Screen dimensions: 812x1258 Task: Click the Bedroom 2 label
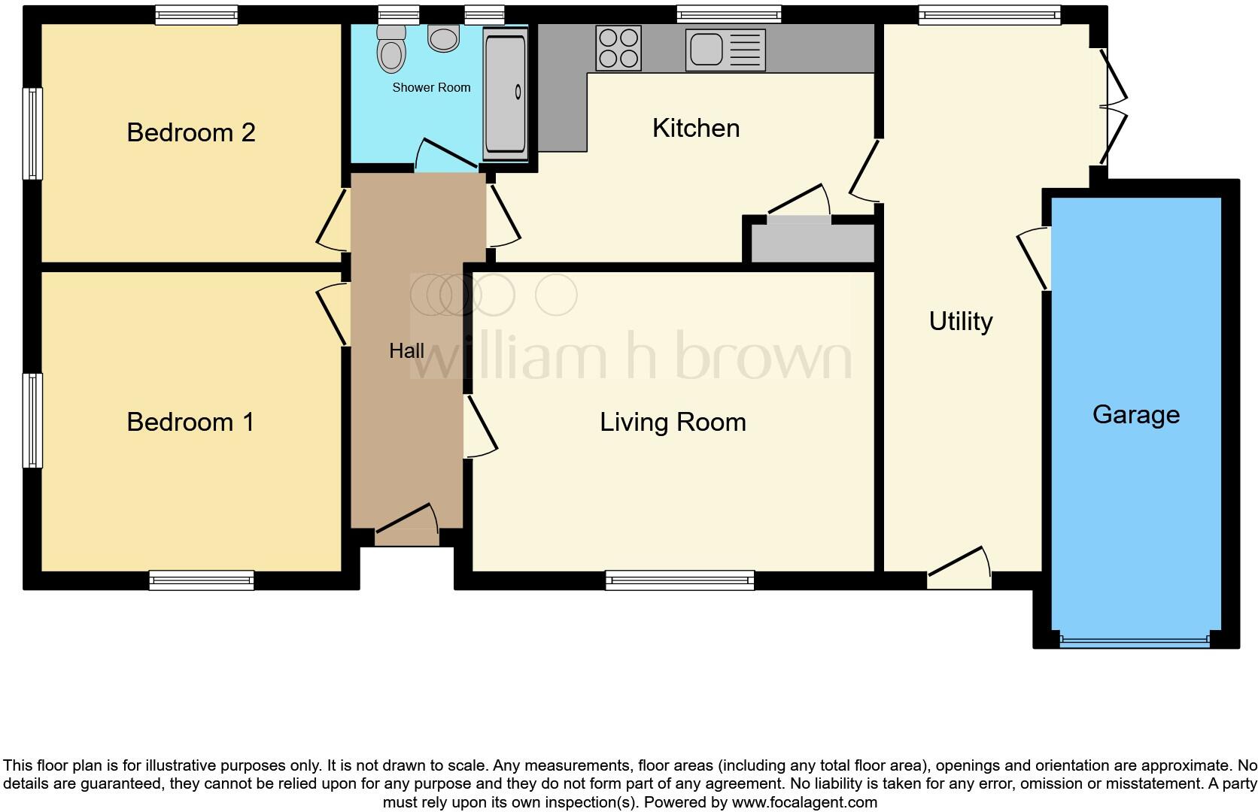click(191, 132)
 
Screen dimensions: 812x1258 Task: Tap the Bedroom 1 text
click(190, 422)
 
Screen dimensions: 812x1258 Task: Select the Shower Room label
click(431, 87)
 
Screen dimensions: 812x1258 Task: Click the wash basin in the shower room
click(443, 38)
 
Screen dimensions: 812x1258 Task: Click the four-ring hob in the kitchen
click(618, 48)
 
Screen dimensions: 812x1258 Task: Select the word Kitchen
click(696, 128)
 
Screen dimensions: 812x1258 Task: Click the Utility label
click(960, 321)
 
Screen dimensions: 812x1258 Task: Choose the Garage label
click(1135, 414)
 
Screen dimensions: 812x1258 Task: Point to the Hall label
click(406, 350)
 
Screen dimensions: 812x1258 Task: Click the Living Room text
click(673, 422)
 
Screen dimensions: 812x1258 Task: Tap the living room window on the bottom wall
click(679, 580)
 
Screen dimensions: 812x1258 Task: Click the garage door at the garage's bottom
click(1135, 641)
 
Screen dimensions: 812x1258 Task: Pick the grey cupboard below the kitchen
click(813, 243)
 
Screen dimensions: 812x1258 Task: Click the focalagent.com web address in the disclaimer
click(804, 802)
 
